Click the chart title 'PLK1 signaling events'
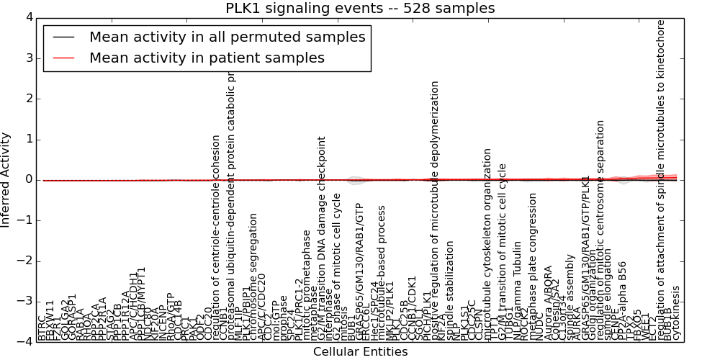(x=360, y=9)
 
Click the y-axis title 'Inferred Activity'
(x=6, y=179)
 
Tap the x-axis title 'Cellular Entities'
(x=360, y=352)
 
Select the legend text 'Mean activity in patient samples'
(x=207, y=58)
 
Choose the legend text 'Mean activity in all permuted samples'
(x=227, y=37)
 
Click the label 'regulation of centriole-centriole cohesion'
(x=216, y=238)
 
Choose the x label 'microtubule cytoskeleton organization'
(x=487, y=245)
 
